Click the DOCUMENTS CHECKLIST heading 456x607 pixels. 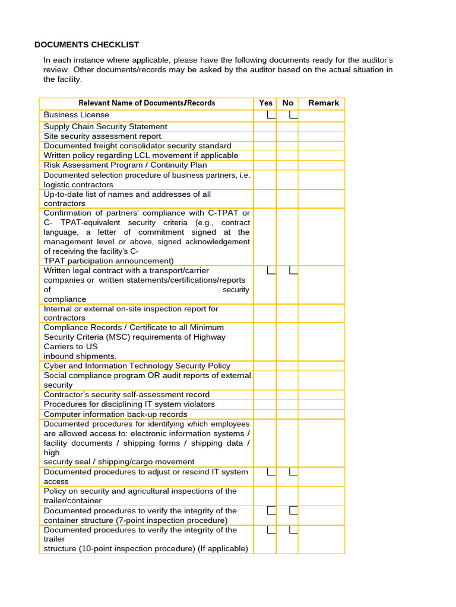coord(87,44)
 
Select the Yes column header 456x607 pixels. coord(265,103)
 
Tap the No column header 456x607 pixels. coord(288,103)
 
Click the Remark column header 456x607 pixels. coord(323,103)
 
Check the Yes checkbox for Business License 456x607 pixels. coord(271,114)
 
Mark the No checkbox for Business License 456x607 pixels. coord(293,114)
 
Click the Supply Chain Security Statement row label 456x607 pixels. coord(106,126)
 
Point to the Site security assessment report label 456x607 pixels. coord(102,136)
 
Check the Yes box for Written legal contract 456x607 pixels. coord(271,271)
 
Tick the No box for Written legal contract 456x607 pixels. coord(293,271)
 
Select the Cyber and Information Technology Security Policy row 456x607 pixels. coord(137,366)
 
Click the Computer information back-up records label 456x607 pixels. coord(115,414)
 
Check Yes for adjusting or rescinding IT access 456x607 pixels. coord(271,472)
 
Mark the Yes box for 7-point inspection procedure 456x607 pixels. coord(271,510)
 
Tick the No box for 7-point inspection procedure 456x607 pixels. coord(293,510)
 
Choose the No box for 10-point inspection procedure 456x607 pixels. coord(293,529)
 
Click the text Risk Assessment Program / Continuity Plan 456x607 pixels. coord(125,165)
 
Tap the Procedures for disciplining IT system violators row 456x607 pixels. coord(129,404)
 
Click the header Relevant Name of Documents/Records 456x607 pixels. coord(147,103)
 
